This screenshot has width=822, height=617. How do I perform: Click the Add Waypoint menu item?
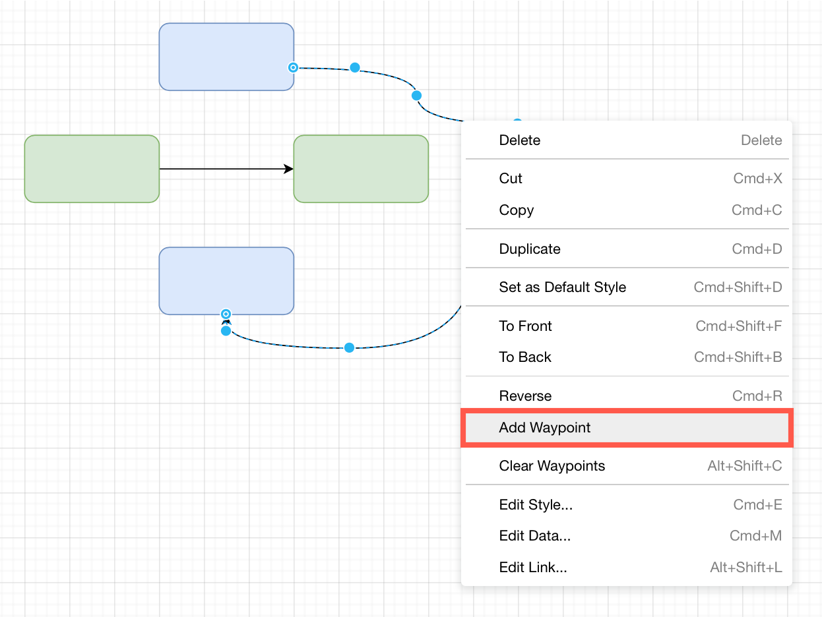pos(545,428)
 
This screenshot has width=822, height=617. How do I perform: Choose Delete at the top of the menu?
pos(520,140)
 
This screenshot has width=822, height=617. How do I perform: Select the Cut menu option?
pos(511,179)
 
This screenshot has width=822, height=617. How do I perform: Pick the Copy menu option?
pos(517,210)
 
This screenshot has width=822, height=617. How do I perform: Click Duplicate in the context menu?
pos(530,249)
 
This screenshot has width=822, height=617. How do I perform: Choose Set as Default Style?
pos(563,287)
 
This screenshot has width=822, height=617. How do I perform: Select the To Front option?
pos(526,326)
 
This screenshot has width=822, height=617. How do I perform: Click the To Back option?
pos(525,357)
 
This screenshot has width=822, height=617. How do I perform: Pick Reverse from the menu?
pos(525,396)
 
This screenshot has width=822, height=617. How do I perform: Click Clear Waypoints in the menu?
pos(552,466)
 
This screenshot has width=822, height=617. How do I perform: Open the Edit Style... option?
pos(536,505)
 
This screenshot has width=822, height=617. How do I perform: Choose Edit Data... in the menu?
pos(535,536)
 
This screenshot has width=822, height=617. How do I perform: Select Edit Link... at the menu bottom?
pos(533,568)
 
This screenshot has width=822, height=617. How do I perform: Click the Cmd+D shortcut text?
pos(757,249)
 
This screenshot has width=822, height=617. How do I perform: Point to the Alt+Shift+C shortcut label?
pos(744,466)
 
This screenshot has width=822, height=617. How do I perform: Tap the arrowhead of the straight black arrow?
pos(288,169)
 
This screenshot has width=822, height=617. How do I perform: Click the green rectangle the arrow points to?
pos(361,169)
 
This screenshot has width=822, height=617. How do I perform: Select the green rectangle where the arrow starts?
pos(92,169)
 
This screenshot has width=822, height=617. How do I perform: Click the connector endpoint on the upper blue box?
pos(294,67)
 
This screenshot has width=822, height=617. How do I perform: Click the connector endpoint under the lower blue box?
pos(226,314)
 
